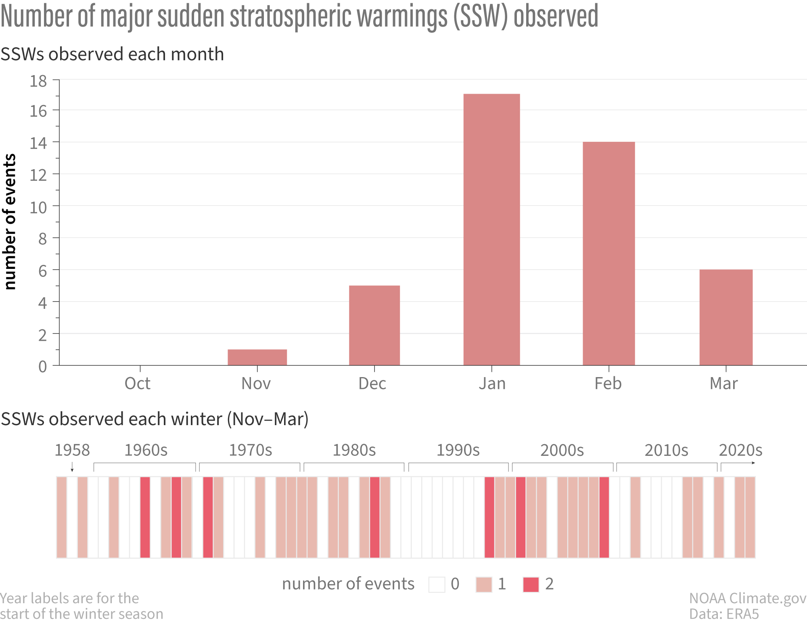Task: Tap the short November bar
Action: click(257, 357)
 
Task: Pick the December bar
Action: click(374, 325)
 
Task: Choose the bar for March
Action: click(725, 317)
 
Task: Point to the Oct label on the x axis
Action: click(138, 384)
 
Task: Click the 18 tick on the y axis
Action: click(38, 81)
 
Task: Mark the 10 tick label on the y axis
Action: click(38, 208)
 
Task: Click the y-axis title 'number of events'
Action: click(10, 222)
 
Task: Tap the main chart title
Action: click(299, 16)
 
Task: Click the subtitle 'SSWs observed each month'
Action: click(112, 54)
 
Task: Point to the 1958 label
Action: click(72, 450)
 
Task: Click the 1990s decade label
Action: click(458, 450)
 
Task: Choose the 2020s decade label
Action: click(740, 450)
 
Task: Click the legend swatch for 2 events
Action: click(531, 584)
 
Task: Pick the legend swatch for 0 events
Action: click(437, 584)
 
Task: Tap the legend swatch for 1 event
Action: click(484, 584)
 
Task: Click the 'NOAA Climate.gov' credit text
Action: click(747, 598)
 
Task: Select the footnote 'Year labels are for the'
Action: click(69, 598)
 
